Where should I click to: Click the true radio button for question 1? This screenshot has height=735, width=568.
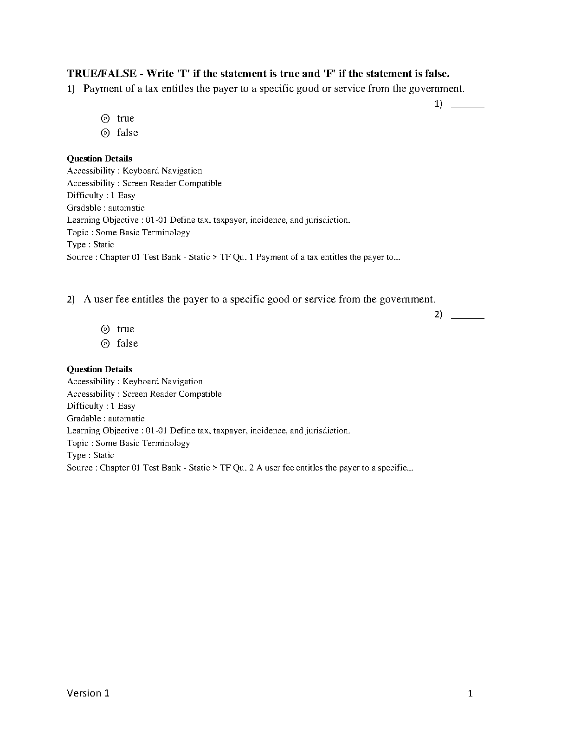(105, 118)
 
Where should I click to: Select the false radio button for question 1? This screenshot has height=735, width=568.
(105, 133)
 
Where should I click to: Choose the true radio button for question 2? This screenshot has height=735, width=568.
(105, 329)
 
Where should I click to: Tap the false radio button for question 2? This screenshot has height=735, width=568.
(105, 343)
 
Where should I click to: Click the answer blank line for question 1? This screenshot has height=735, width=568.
(467, 106)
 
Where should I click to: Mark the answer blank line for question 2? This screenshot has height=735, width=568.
(467, 317)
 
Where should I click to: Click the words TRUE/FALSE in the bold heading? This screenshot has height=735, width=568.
(102, 73)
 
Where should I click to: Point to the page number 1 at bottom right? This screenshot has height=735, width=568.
(470, 694)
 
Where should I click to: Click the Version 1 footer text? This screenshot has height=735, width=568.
(88, 693)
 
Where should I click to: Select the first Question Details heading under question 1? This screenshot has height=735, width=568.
(99, 159)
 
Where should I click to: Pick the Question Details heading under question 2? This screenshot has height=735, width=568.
(99, 369)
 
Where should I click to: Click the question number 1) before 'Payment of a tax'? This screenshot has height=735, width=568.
(71, 89)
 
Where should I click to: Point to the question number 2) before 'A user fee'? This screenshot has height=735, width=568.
(71, 300)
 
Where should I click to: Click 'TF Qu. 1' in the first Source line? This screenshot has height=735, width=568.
(236, 257)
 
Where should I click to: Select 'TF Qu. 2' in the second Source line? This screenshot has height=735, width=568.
(237, 468)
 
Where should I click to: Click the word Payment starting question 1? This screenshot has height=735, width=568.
(103, 89)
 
